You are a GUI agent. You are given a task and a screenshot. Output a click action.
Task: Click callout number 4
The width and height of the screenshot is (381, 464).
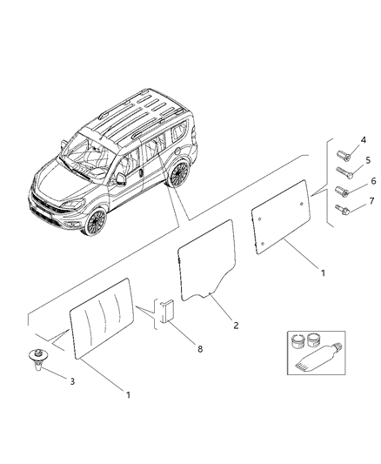pos(363,139)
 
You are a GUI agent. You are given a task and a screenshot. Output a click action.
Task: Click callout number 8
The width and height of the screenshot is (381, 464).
pos(199,348)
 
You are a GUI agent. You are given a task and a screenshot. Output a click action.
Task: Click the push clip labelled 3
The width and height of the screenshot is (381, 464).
pos(38,357)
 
